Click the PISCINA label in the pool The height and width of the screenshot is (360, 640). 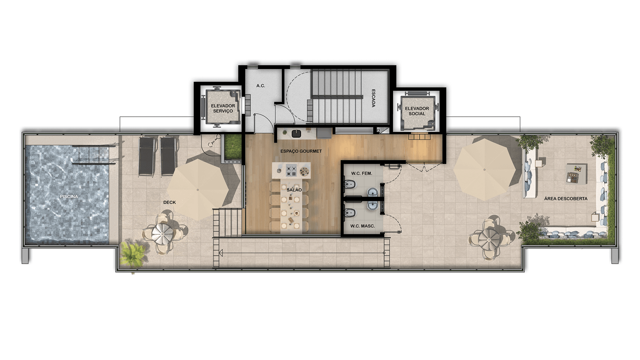pos(69,197)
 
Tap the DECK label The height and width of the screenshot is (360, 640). pos(169,202)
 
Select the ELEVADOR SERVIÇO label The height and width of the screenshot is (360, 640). pos(223,108)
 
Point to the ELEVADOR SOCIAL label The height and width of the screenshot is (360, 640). pos(417,111)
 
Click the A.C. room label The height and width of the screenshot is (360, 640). pos(261,86)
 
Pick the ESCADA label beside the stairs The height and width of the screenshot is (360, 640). pos(373,98)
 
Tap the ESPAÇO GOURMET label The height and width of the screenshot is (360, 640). pos(301,151)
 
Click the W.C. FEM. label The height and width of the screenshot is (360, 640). pos(362,174)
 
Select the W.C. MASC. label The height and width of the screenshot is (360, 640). pos(362,226)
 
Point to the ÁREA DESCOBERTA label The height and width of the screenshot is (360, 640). pos(566,199)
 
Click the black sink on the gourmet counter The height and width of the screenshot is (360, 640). pos(296,134)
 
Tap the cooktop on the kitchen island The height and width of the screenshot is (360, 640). pos(291,170)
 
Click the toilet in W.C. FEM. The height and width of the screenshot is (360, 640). pos(349,184)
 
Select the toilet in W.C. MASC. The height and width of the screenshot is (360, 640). pos(349,212)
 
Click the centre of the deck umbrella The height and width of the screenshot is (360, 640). pos(198,190)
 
